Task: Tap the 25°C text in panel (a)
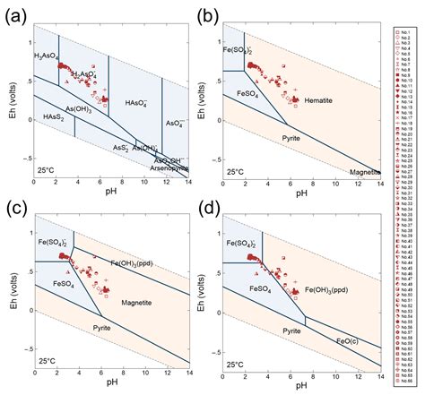(51, 169)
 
